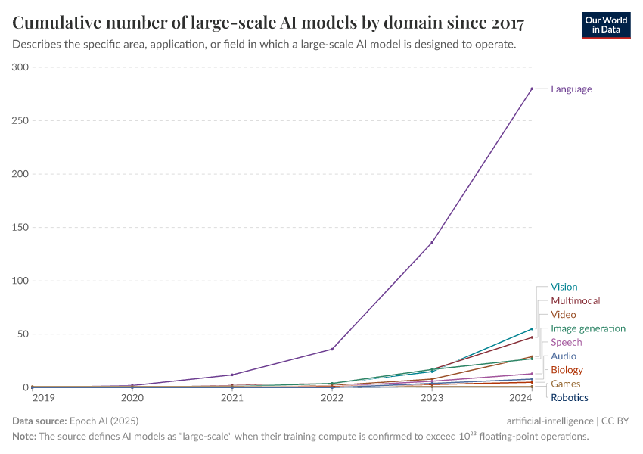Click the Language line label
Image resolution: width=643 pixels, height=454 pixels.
571,89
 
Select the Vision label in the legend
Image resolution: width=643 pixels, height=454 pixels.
564,287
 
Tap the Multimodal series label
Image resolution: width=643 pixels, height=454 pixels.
575,300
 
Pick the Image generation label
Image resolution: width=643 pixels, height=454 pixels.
588,328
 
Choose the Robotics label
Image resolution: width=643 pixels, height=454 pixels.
569,398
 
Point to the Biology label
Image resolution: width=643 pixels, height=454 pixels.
567,370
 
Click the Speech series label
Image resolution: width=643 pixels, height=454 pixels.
566,343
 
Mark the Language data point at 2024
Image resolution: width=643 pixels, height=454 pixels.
532,89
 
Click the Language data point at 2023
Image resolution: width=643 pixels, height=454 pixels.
432,242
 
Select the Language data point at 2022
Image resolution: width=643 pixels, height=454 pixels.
332,349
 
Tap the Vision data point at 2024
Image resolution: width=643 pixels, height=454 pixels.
532,329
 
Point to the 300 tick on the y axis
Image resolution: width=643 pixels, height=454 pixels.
20,67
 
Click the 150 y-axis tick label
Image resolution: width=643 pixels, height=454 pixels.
20,228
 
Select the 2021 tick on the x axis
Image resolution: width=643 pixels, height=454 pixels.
232,397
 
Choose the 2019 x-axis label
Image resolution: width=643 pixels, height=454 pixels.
43,397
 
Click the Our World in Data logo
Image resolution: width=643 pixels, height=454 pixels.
605,25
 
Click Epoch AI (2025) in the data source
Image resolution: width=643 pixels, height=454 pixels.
104,421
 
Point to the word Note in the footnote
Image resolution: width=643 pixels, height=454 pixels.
25,437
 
